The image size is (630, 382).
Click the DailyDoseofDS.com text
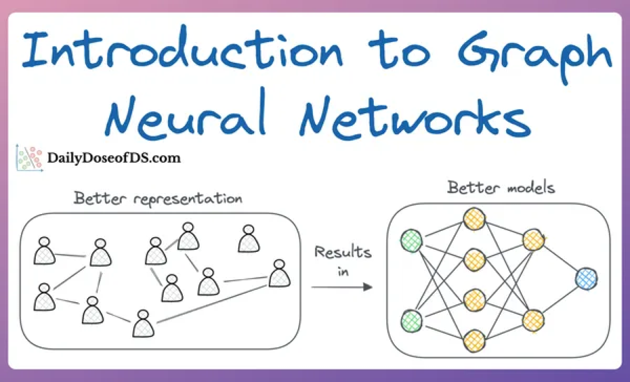coord(114,158)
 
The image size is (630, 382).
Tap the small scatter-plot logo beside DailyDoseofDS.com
coord(29,158)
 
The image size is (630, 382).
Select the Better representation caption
coord(158,198)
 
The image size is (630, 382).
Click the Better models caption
coord(501,187)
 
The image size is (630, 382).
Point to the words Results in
coord(343,260)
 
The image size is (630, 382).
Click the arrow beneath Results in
coord(342,287)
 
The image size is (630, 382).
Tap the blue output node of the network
coord(586,279)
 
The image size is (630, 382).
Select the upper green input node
coord(411,241)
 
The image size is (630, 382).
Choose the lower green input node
coord(411,321)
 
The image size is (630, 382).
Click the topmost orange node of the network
coord(475,219)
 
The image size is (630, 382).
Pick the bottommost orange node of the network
coord(475,340)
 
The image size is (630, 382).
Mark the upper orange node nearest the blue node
coord(533,240)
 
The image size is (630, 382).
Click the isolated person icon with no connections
coord(249,240)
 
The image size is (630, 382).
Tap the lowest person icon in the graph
coord(143,324)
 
